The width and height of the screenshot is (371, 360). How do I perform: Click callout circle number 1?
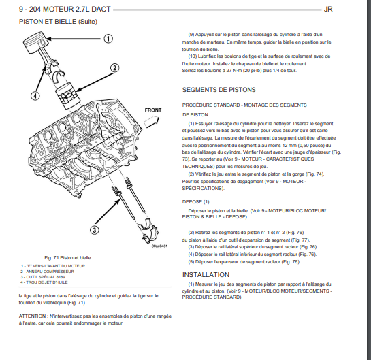tap(108, 39)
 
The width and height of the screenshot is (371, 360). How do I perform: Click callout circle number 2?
tap(115, 68)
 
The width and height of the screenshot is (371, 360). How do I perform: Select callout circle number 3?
tap(95, 230)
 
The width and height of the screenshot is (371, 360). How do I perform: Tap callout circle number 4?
tap(35, 96)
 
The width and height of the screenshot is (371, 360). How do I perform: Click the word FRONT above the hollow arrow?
tap(153, 110)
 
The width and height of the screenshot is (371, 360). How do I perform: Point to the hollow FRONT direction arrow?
tap(151, 121)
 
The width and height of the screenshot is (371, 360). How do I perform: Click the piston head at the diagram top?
tap(36, 43)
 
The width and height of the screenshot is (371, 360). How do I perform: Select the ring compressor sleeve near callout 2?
tap(68, 95)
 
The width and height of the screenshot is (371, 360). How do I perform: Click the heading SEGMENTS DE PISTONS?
tap(219, 90)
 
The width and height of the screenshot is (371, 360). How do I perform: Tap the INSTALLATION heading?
tap(206, 275)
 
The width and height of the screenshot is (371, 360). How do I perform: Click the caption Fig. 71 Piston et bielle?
tap(67, 258)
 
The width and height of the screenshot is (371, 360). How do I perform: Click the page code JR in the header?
tap(328, 10)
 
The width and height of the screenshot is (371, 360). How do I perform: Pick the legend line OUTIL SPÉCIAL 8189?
tap(43, 277)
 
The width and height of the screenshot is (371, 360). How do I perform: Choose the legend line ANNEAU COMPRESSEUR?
tap(48, 272)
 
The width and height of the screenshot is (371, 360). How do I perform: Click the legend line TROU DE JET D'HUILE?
tap(44, 282)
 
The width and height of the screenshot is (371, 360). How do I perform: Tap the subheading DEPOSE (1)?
tap(195, 201)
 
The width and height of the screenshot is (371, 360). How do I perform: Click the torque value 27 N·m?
tap(234, 71)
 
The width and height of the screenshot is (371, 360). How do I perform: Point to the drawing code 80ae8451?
tap(159, 246)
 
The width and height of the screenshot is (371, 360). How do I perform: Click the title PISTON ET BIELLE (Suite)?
tap(59, 22)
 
